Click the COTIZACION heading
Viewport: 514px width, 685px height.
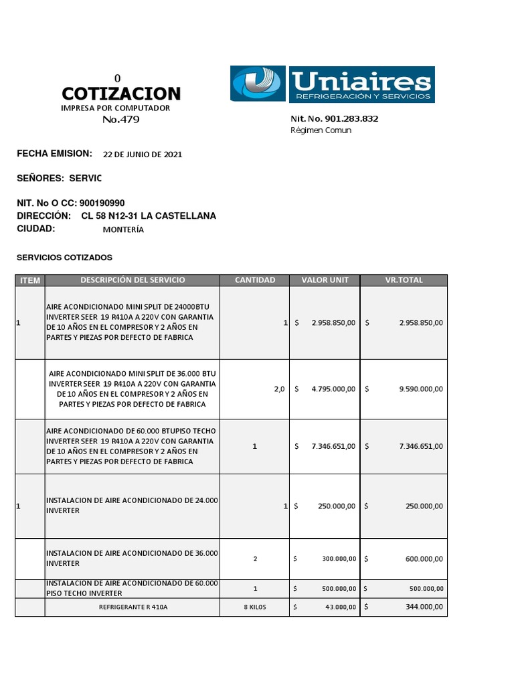[x=121, y=93]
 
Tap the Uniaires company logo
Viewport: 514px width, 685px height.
[x=333, y=84]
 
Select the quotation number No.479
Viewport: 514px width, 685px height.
[x=121, y=120]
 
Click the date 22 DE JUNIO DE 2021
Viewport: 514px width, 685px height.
[x=142, y=155]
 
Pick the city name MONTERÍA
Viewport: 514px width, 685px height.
[x=123, y=229]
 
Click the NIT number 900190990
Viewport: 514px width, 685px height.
[x=102, y=203]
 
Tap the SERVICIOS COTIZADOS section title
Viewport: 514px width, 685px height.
[x=64, y=258]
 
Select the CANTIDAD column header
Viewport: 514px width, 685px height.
[x=254, y=280]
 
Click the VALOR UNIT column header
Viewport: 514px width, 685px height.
[x=325, y=280]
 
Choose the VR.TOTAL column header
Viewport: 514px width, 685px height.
[x=404, y=280]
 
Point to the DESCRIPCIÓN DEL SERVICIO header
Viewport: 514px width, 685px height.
[x=133, y=280]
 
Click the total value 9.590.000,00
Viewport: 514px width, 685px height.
[x=420, y=389]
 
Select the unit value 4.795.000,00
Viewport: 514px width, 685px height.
[x=333, y=389]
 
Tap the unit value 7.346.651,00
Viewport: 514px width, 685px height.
[x=333, y=446]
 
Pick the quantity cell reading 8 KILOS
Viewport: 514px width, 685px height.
[x=255, y=607]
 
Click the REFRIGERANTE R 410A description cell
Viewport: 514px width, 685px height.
[x=133, y=607]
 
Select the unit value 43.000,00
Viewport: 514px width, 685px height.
[x=341, y=607]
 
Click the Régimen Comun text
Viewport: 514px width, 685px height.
[x=321, y=130]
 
